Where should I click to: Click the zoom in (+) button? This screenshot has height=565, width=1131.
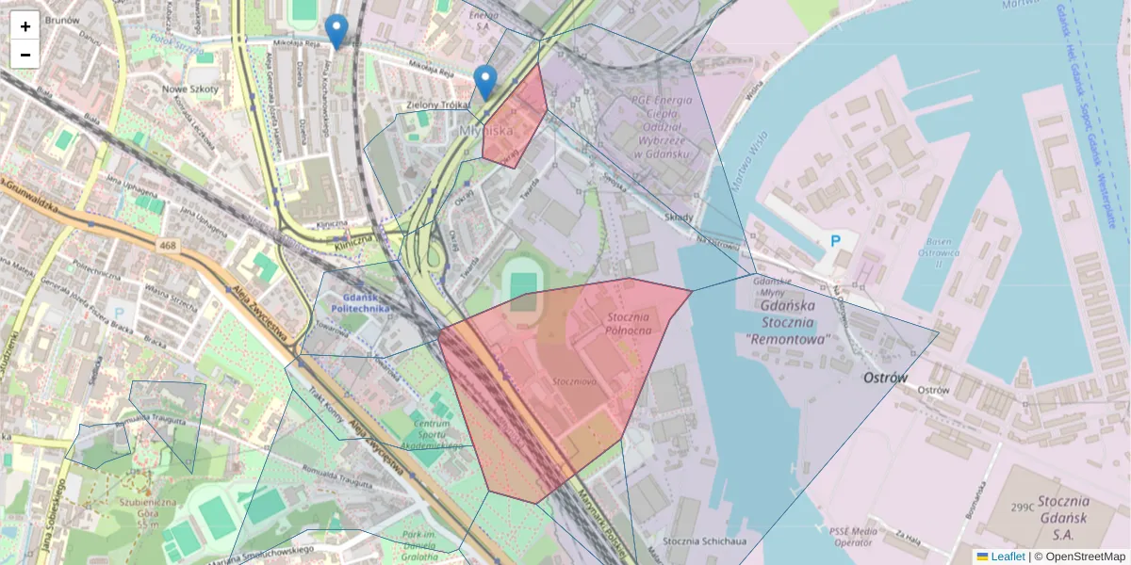[x=25, y=26]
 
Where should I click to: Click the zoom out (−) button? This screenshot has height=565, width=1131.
[x=25, y=55]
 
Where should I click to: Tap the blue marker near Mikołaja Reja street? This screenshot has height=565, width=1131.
[x=336, y=32]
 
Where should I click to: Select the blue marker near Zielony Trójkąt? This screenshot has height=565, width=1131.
[x=485, y=83]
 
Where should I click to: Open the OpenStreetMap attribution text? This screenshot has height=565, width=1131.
[x=1085, y=557]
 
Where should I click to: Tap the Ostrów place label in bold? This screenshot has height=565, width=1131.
[x=886, y=378]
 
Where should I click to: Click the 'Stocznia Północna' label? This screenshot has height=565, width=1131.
[x=629, y=323]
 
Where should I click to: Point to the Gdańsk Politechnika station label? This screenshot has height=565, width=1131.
[x=359, y=302]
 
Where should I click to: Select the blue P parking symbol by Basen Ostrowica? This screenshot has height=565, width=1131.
[x=835, y=241]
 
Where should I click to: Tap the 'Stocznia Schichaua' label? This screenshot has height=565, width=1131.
[x=704, y=541]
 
